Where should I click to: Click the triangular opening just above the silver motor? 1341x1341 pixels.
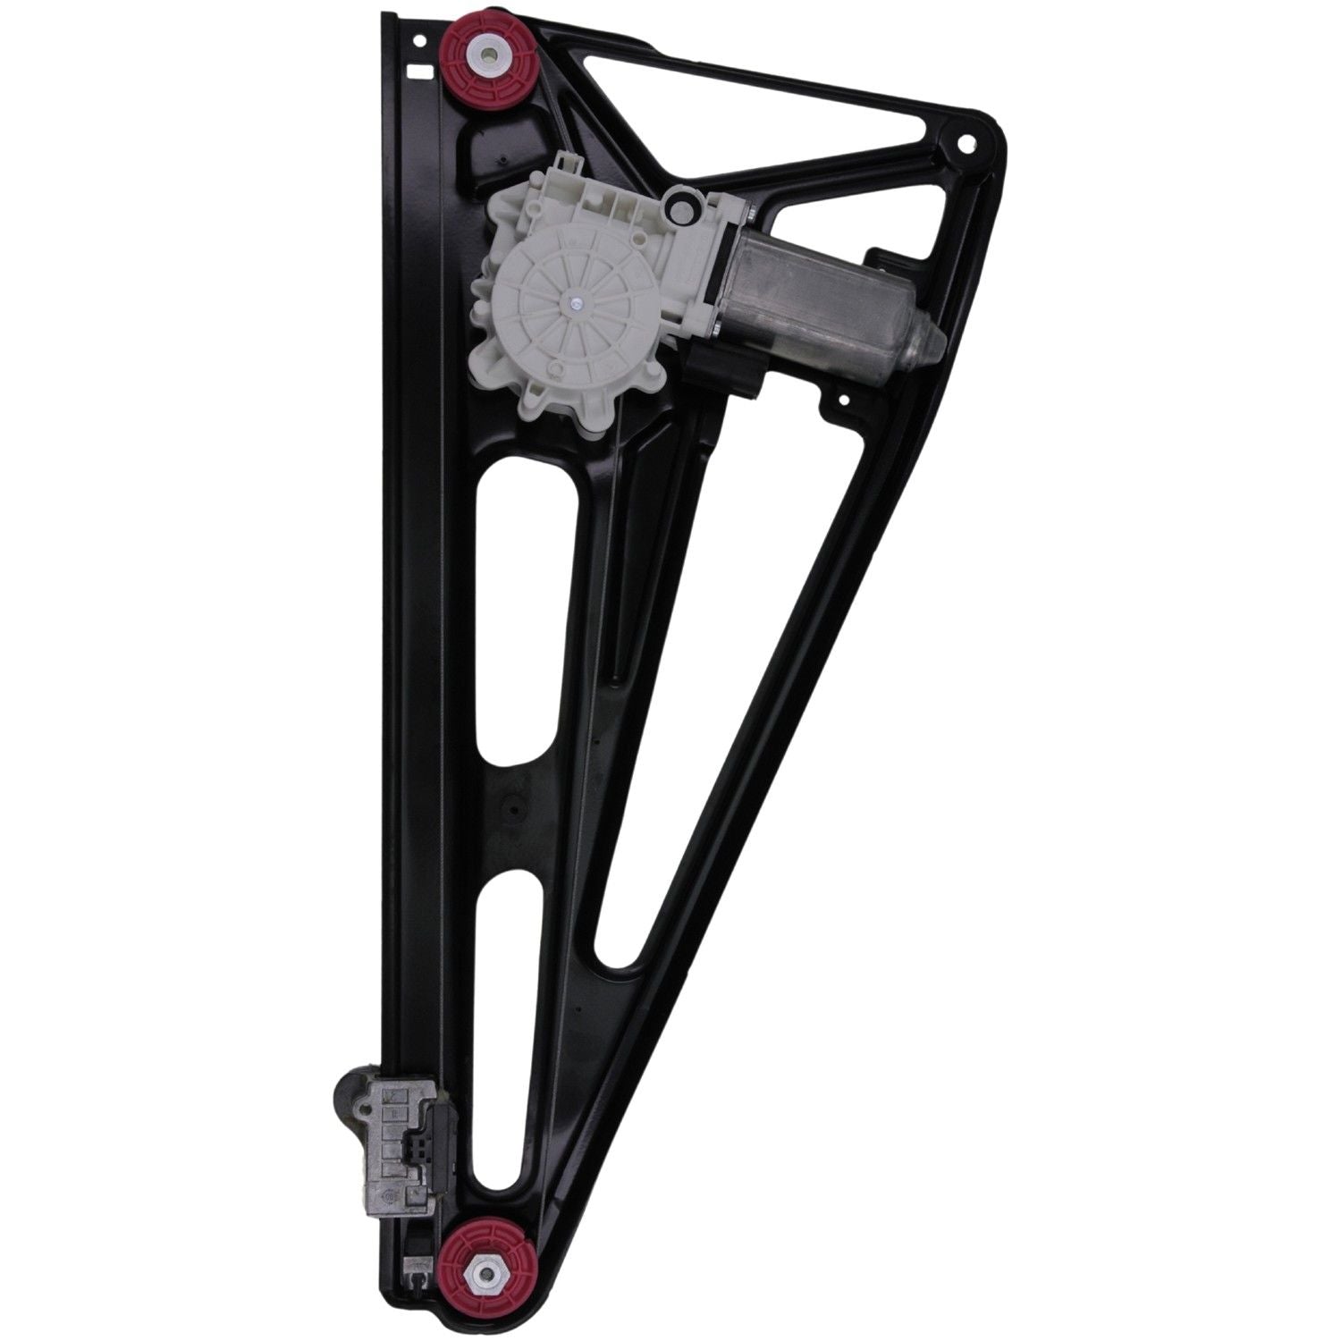tap(840, 223)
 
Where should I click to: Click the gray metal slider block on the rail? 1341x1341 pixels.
tap(393, 1126)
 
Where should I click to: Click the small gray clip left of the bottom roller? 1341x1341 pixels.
tap(413, 1269)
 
